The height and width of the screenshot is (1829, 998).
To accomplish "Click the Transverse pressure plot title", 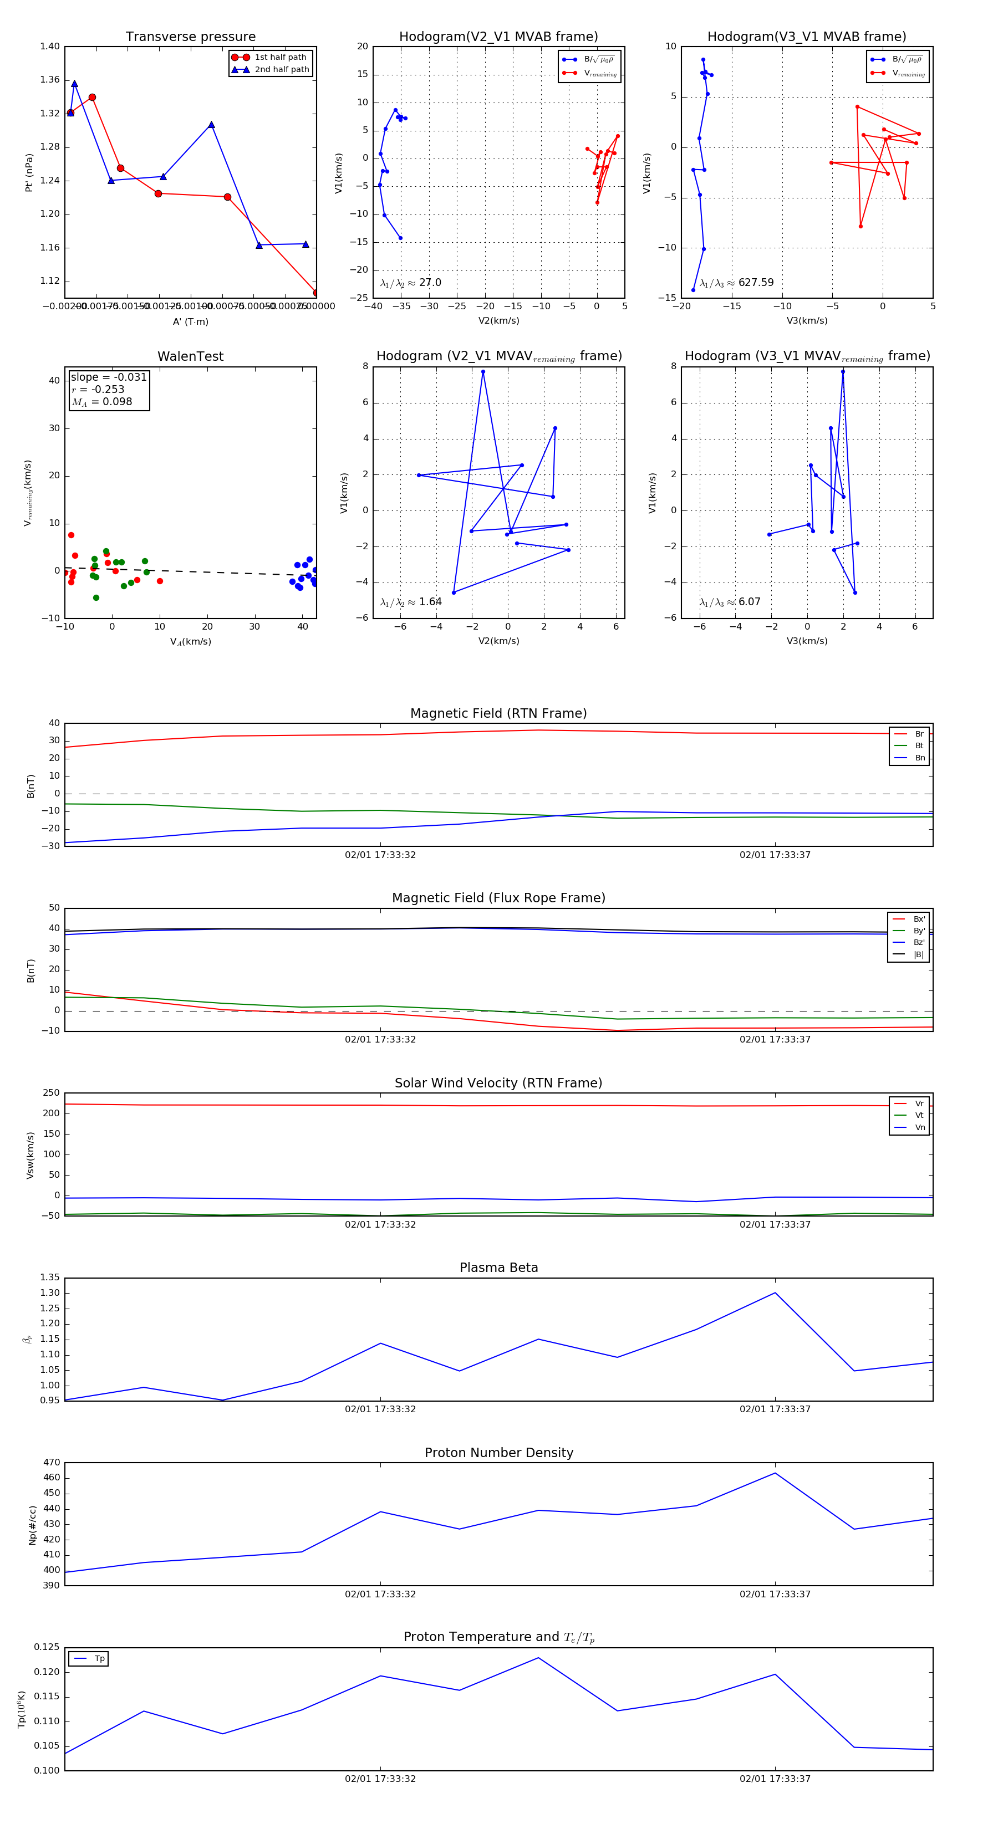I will tap(190, 37).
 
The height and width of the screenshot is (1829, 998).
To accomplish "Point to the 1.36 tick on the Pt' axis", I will tap(50, 79).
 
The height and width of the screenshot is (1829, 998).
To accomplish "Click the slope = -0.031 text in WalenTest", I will tap(109, 377).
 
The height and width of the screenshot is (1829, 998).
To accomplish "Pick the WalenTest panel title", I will tap(190, 356).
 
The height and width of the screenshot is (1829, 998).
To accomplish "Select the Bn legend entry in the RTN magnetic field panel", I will tap(919, 758).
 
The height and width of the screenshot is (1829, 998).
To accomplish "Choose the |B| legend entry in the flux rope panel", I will tap(919, 954).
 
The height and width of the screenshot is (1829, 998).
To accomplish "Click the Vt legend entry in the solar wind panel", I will tap(919, 1116).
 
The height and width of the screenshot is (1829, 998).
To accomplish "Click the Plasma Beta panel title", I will tap(498, 1268).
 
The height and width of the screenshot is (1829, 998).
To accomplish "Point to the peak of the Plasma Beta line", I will tap(775, 1292).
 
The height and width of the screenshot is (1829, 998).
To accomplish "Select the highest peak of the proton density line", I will tap(775, 1473).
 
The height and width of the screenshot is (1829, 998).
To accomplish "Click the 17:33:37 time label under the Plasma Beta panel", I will tap(775, 1409).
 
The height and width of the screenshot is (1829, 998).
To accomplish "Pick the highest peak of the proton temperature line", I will tap(538, 1658).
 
